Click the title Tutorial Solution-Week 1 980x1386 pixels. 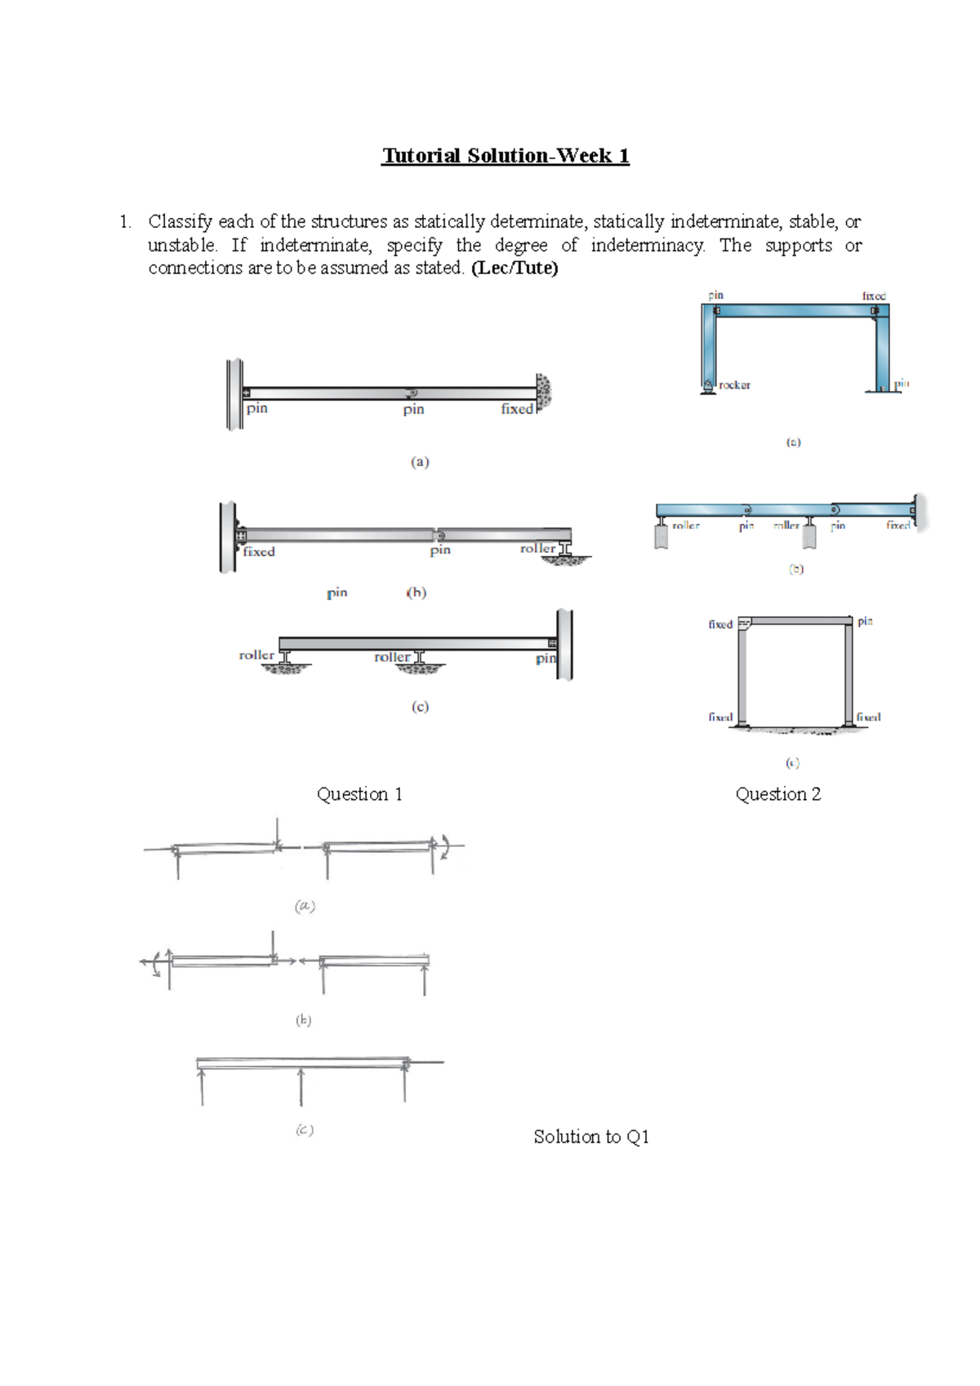(505, 156)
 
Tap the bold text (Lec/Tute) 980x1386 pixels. (514, 268)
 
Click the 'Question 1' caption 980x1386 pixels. (359, 794)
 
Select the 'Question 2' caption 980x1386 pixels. (777, 794)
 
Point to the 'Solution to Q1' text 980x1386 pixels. (591, 1136)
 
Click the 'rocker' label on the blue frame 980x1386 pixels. (734, 385)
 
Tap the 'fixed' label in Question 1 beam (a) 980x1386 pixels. (517, 409)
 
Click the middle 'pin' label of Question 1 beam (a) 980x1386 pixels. (413, 409)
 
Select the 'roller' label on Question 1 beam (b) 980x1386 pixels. (537, 549)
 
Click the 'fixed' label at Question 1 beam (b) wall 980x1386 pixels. (259, 552)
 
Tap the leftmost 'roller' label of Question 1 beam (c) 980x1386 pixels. (256, 655)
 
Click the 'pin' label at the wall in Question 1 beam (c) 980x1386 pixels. (546, 658)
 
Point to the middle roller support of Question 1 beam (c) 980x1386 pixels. (420, 661)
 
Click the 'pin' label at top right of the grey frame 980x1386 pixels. (865, 621)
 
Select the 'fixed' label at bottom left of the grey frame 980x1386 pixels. (720, 717)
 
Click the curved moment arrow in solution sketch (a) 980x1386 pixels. (446, 846)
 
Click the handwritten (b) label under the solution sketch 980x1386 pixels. (303, 1020)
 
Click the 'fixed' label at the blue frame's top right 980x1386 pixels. (873, 295)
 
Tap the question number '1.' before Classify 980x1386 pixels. (124, 222)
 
